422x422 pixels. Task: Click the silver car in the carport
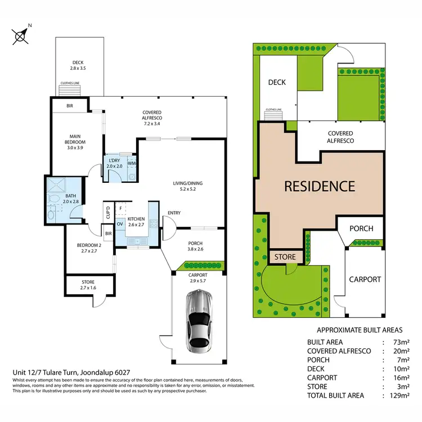199,318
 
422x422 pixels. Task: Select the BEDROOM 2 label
89,248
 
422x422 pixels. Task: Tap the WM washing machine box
132,164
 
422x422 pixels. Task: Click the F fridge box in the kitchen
120,208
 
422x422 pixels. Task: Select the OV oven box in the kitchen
120,223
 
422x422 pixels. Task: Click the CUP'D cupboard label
108,213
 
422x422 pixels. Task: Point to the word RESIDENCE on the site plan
319,186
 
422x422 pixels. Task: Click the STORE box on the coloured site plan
285,257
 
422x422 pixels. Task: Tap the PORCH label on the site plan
361,228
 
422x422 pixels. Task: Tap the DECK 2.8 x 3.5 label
79,66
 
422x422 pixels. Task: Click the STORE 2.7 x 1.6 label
87,285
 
